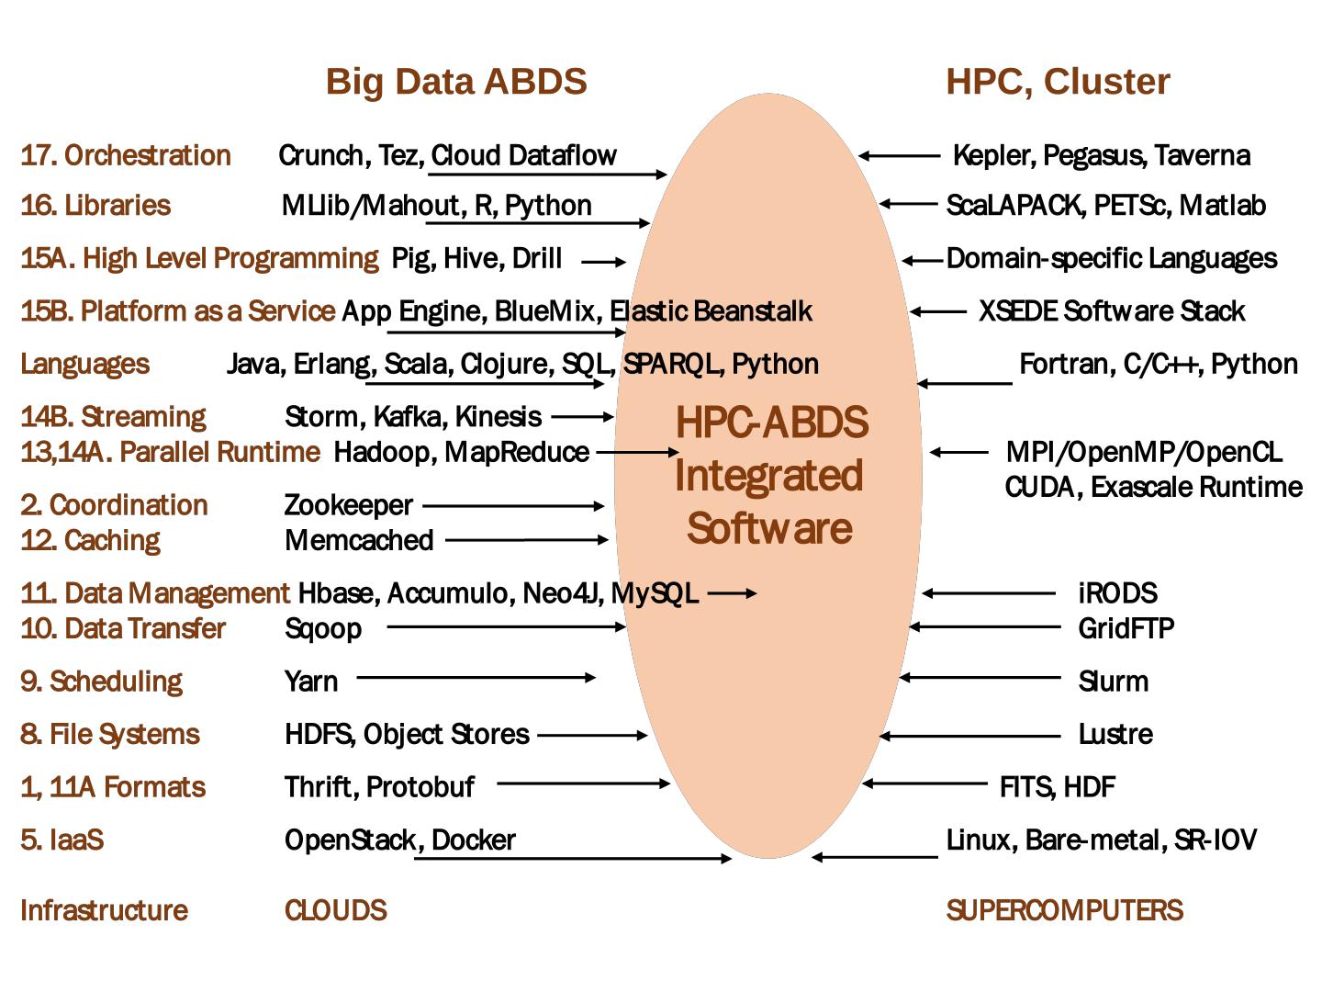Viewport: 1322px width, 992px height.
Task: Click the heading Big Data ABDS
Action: point(456,82)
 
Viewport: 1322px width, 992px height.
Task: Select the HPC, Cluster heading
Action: point(1058,82)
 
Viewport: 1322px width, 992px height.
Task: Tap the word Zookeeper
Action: point(349,505)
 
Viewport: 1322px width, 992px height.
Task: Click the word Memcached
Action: point(359,540)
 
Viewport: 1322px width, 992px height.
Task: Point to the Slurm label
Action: point(1113,682)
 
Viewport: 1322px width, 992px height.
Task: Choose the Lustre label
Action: point(1115,734)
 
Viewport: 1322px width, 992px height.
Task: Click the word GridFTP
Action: point(1126,628)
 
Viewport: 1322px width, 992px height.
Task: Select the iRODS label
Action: point(1117,593)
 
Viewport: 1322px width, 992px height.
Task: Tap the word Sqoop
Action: point(323,629)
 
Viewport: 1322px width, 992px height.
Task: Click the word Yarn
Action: point(311,682)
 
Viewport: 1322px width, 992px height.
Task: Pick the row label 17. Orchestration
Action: point(126,155)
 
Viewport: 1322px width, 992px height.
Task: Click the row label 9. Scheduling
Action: point(101,682)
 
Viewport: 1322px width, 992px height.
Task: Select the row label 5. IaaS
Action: point(62,840)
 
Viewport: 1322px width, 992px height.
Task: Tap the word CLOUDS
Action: point(335,910)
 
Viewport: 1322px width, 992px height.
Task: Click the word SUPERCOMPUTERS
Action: point(1064,910)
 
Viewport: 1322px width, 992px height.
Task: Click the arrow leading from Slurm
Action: point(980,678)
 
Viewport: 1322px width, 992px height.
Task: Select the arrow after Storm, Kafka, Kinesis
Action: point(582,417)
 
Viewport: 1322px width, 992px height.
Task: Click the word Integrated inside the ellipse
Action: point(768,476)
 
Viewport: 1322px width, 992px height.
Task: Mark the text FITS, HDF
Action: point(1057,787)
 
